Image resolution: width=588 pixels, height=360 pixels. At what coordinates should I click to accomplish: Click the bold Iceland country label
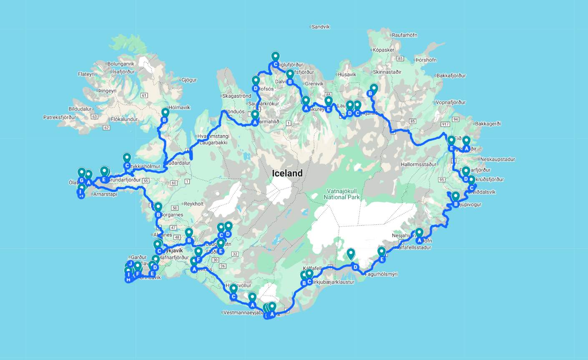(x=287, y=174)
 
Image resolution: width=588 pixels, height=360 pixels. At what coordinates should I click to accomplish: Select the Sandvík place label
(x=320, y=27)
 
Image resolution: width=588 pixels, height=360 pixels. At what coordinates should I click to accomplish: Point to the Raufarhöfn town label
(x=404, y=35)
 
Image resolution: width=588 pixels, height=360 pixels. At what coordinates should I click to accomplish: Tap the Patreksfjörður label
(x=60, y=117)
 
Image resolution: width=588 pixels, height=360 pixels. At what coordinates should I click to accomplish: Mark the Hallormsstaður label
(x=419, y=164)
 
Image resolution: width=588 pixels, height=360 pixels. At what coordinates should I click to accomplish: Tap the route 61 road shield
(x=144, y=96)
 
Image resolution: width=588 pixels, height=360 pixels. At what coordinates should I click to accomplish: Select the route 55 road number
(x=145, y=181)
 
